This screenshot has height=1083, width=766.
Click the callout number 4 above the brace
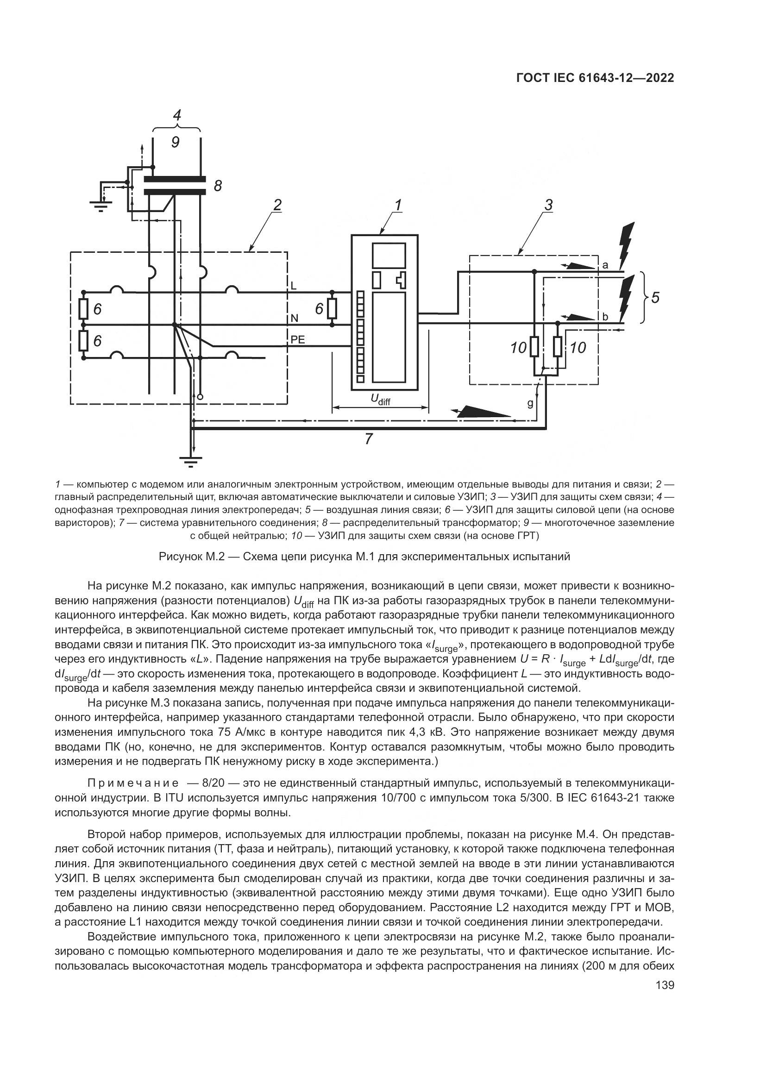tap(177, 115)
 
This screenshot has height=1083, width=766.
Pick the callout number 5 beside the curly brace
tap(655, 298)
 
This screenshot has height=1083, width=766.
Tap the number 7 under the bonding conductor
tap(369, 439)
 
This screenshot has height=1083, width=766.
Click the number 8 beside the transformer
tap(218, 186)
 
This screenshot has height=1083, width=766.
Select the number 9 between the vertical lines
tap(175, 142)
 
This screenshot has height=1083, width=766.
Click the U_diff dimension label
tap(381, 400)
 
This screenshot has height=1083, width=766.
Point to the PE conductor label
tap(298, 339)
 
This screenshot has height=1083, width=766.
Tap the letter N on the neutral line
tap(295, 319)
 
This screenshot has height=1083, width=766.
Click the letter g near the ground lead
tap(530, 404)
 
